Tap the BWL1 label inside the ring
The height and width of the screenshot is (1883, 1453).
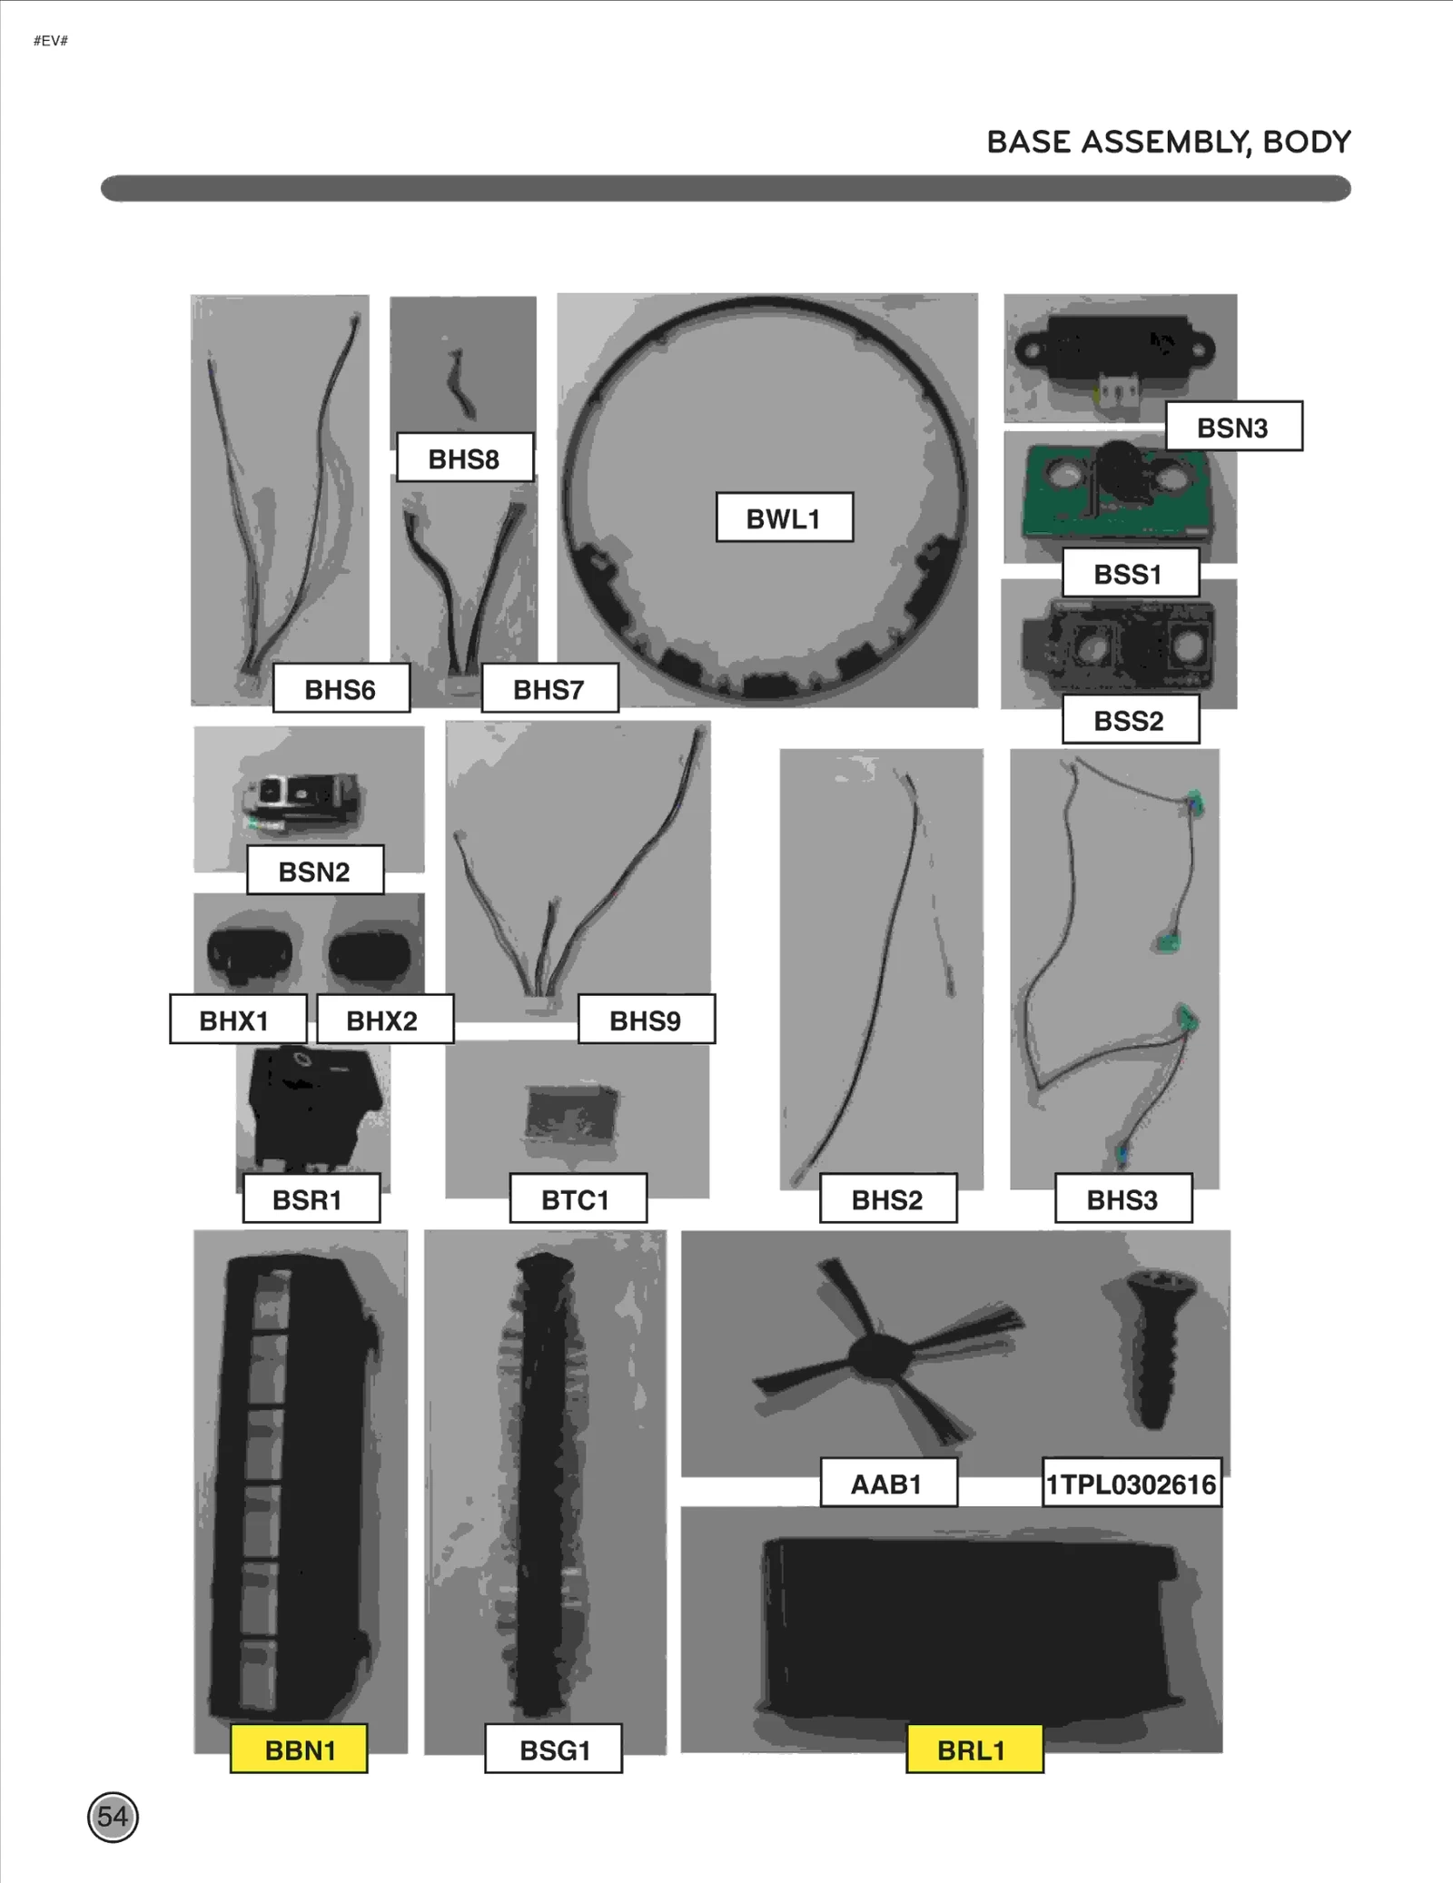[x=784, y=518]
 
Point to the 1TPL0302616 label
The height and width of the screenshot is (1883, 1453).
[x=1131, y=1484]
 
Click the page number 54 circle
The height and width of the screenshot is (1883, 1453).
[x=113, y=1817]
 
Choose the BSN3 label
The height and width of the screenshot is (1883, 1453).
[x=1233, y=427]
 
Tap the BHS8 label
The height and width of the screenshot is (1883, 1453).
[x=464, y=458]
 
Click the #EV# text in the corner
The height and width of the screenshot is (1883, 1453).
[x=51, y=41]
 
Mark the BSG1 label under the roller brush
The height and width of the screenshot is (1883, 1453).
[x=554, y=1749]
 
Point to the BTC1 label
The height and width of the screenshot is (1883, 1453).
[x=578, y=1198]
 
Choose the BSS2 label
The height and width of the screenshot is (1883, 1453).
[x=1130, y=720]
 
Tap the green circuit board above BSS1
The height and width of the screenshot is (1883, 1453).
[x=1119, y=490]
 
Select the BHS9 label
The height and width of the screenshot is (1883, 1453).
[x=646, y=1020]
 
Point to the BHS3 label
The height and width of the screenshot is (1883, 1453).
[x=1122, y=1198]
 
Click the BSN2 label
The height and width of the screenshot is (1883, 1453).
[x=314, y=871]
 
